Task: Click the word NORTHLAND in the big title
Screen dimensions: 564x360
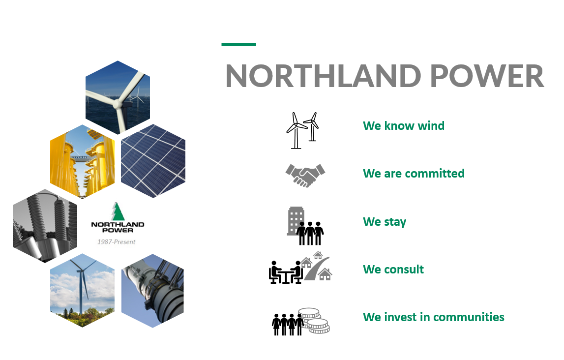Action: tap(324, 76)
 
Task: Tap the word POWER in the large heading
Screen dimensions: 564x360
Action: tap(487, 76)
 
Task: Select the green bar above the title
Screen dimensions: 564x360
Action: tap(239, 45)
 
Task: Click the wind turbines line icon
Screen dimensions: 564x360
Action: tap(302, 130)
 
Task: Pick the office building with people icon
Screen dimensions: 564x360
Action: tap(305, 226)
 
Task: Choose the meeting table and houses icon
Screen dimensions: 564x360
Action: tap(300, 268)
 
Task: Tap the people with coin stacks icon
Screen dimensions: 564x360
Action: tap(301, 322)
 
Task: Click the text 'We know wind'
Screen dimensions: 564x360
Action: tap(404, 126)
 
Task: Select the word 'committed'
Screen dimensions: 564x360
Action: tap(435, 173)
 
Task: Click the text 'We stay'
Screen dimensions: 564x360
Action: tap(385, 222)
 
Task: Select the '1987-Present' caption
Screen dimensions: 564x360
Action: tap(116, 242)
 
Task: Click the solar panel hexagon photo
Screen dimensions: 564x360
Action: tap(153, 161)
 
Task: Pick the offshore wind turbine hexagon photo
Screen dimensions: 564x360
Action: tap(118, 97)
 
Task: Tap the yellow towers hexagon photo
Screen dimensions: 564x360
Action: tap(83, 161)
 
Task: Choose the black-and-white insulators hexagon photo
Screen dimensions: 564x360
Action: tap(45, 226)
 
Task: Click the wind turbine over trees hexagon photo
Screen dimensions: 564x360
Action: tap(83, 290)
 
